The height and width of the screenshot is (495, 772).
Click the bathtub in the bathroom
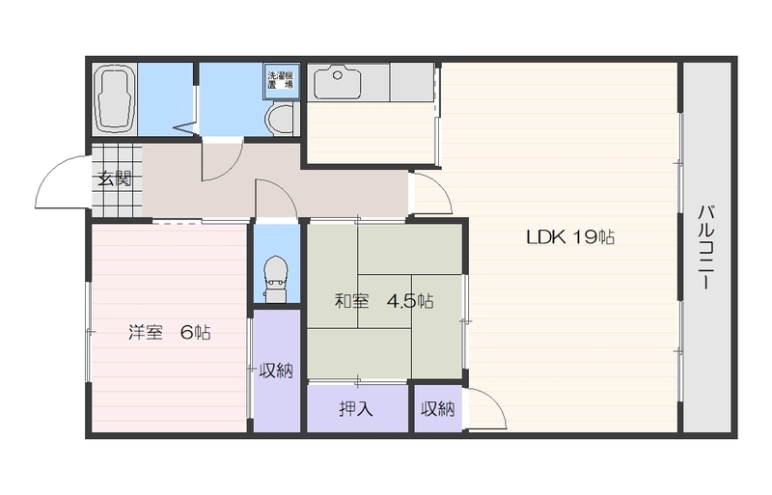click(x=115, y=100)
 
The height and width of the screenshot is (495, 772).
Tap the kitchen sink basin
click(x=338, y=83)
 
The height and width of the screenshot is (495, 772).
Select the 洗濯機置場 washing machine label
click(x=281, y=80)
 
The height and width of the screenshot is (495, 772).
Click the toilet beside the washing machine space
click(x=279, y=119)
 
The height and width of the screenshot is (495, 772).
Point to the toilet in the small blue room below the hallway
click(x=275, y=279)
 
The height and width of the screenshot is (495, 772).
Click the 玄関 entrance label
click(x=115, y=179)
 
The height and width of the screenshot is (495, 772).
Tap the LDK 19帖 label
click(x=570, y=237)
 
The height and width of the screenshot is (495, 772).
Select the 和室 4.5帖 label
click(x=384, y=300)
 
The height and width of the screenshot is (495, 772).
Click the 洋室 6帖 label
click(x=170, y=333)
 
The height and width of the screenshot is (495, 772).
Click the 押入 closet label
click(x=355, y=409)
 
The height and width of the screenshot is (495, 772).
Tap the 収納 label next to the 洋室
click(x=276, y=371)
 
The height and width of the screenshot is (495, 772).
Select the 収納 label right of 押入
click(x=437, y=409)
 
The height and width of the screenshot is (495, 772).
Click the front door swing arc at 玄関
click(x=51, y=171)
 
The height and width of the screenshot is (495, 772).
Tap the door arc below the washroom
click(x=232, y=168)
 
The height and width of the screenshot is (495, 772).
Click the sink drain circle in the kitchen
click(x=337, y=75)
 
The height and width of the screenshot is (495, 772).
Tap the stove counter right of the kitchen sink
click(x=412, y=82)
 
